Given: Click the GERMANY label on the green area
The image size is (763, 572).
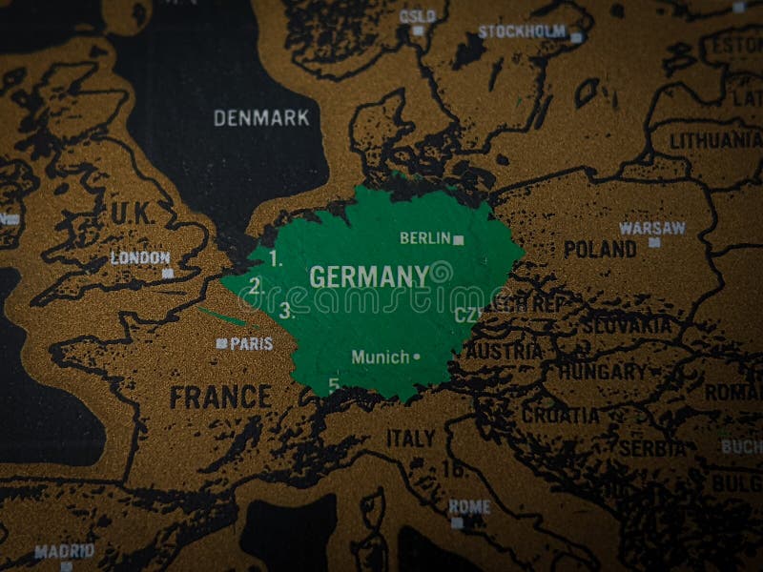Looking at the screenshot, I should (x=369, y=277).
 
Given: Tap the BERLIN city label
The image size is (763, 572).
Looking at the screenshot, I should (x=424, y=238).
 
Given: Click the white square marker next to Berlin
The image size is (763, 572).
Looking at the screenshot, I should (x=459, y=240).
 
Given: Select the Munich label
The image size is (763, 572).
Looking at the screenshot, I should (x=381, y=357).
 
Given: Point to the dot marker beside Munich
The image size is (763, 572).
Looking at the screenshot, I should (x=417, y=357).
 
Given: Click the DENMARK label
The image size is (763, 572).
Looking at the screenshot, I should (x=261, y=118).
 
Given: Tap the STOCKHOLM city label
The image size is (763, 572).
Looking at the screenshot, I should (x=522, y=31).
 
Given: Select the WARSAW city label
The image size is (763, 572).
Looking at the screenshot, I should (x=652, y=228).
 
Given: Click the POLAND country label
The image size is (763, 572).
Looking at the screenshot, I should (x=599, y=250).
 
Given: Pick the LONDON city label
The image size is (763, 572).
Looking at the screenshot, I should (x=140, y=257).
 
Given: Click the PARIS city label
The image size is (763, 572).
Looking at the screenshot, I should (x=252, y=343).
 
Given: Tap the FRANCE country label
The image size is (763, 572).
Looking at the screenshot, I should (x=220, y=397).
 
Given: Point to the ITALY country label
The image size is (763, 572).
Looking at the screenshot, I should (x=411, y=439).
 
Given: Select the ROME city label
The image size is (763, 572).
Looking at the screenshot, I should (x=469, y=506).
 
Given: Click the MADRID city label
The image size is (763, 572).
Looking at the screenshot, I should (x=64, y=551).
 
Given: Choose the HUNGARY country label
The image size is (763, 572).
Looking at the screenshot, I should (x=602, y=371).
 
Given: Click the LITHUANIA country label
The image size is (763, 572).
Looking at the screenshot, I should (x=715, y=140).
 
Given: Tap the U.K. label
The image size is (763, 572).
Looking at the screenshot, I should (x=132, y=214).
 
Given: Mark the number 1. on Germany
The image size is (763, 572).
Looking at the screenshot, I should (x=277, y=257).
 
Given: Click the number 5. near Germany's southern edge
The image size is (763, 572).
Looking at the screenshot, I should (x=334, y=385).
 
